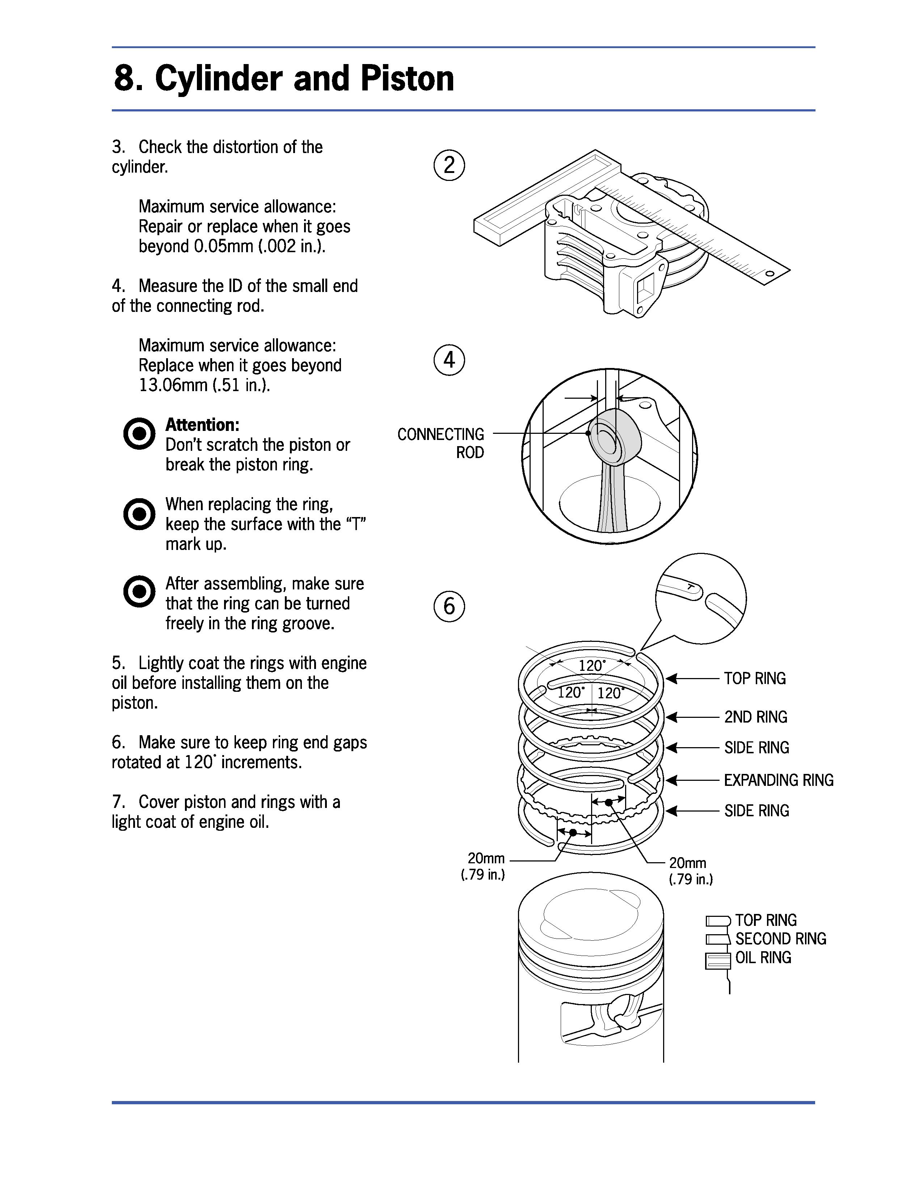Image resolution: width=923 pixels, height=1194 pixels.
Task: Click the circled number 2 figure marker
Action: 449,165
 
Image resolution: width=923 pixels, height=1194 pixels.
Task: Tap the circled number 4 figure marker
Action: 449,360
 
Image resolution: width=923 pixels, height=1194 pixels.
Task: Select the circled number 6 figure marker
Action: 449,606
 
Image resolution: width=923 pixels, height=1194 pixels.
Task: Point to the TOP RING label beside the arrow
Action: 755,678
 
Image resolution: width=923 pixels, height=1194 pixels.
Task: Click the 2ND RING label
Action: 756,717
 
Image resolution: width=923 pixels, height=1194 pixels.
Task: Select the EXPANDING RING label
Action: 779,780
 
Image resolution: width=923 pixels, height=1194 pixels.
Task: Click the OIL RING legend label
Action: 763,957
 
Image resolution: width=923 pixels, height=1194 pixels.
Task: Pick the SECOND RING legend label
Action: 780,939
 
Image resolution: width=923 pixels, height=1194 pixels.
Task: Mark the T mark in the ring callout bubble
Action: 691,587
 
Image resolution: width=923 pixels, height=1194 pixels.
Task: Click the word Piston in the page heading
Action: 407,78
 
